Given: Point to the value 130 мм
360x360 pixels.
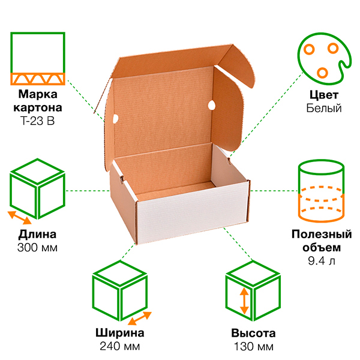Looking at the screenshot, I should point(253,346).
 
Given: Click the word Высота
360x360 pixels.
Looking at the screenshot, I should point(253,334).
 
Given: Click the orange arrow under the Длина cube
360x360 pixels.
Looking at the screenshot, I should point(19,217).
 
